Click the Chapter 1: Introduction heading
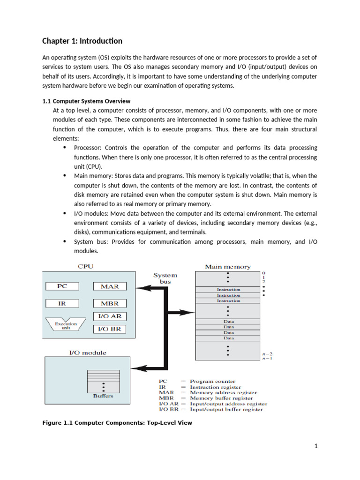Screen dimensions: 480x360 point(82,41)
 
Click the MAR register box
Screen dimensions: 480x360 point(110,286)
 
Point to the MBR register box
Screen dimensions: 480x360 point(110,303)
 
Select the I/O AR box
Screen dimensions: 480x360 point(110,316)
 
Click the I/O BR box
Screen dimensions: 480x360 point(110,329)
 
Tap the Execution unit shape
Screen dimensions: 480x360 point(66,325)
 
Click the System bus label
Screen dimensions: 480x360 point(165,278)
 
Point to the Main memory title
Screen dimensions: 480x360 point(228,267)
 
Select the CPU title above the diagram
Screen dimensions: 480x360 point(85,267)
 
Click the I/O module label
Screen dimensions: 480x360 point(89,352)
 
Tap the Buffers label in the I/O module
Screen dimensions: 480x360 point(103,396)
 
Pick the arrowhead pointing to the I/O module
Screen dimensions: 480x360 point(143,367)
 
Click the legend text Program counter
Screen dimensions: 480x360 point(212,382)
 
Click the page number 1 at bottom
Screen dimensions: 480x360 point(316,446)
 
